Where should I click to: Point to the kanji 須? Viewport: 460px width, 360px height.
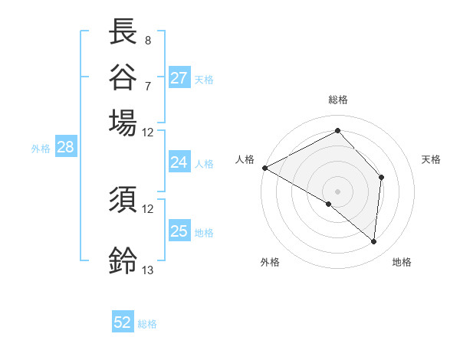123,200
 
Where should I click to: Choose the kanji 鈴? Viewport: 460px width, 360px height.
123,260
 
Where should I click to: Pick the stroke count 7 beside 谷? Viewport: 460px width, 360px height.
147,85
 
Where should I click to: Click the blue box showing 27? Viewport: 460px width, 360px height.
179,78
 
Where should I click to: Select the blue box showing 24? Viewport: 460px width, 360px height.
179,162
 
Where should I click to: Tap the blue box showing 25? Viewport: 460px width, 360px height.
179,231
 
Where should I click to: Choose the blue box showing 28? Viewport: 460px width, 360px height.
65,148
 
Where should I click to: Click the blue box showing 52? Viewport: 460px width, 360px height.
123,323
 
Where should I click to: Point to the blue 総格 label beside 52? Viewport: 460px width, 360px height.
147,324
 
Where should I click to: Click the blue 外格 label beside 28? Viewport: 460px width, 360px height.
40,149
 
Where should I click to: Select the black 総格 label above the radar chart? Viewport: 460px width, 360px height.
337,100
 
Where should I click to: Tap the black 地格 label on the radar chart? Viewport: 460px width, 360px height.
402,262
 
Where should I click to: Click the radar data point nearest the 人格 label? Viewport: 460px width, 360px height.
264,168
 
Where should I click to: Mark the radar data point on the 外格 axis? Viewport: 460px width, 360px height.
329,205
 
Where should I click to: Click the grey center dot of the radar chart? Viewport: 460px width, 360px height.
337,191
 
